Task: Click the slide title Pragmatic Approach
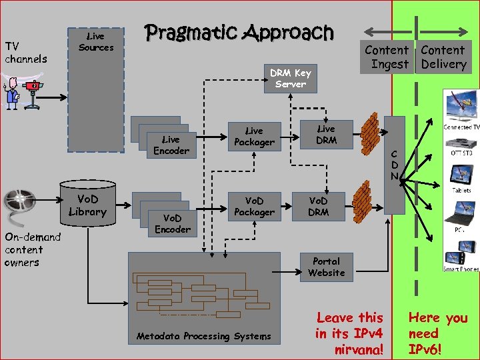[x=239, y=32]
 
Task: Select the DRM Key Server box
[x=290, y=78]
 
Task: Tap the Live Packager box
[x=253, y=137]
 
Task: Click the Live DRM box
[x=326, y=134]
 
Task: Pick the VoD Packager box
[x=253, y=206]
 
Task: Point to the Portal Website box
[x=326, y=267]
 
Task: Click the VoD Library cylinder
[x=87, y=206]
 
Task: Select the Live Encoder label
[x=171, y=145]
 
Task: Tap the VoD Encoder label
[x=172, y=223]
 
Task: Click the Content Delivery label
[x=443, y=57]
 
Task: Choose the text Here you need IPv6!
[x=437, y=333]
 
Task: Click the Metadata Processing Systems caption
[x=203, y=336]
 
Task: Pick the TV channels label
[x=26, y=52]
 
